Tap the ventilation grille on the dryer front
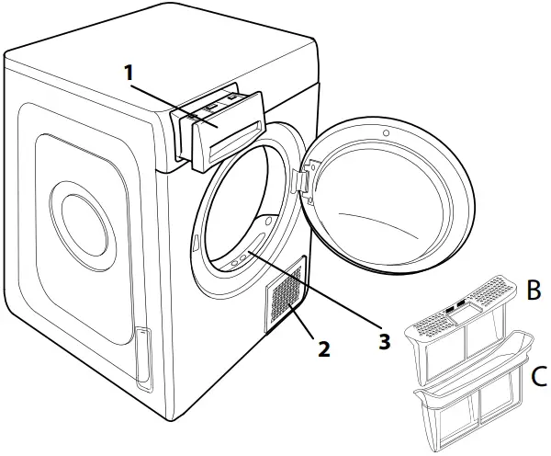point(284,300)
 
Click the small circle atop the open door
point(385,135)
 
